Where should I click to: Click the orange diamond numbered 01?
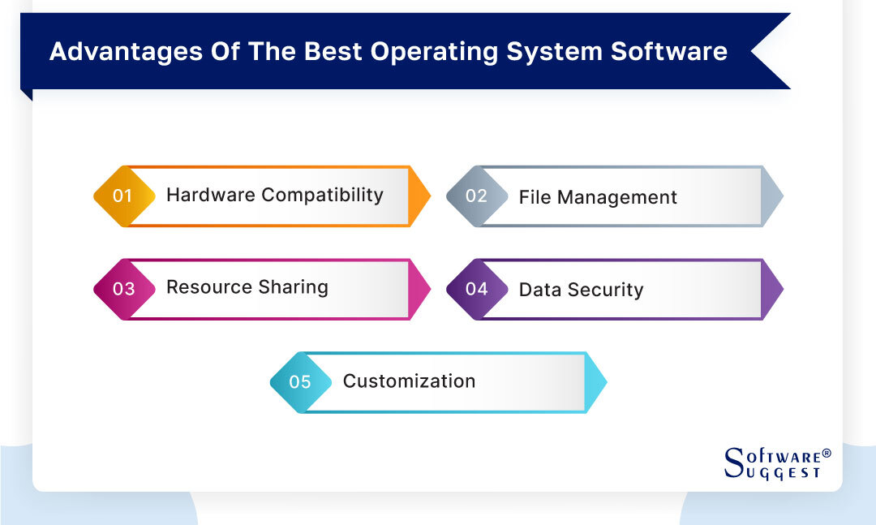(x=123, y=196)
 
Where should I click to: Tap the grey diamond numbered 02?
(x=476, y=196)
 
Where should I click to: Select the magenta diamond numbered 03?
(x=123, y=289)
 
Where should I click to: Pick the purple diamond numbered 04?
(x=476, y=289)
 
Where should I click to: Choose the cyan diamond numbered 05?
(x=300, y=381)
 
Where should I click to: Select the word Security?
(x=606, y=290)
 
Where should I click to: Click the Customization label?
(x=409, y=381)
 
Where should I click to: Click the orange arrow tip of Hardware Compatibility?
(x=420, y=196)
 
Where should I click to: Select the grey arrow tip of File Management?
(x=773, y=196)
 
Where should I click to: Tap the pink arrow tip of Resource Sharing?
(x=420, y=289)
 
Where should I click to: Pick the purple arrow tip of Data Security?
(x=773, y=289)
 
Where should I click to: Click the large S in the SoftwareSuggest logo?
(x=732, y=463)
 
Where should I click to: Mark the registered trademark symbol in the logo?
(x=827, y=453)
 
